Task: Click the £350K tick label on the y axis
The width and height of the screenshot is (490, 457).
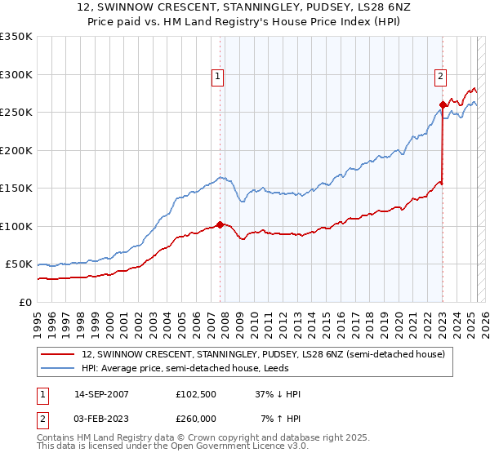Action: (x=16, y=37)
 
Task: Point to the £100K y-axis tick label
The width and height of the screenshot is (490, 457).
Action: (x=16, y=226)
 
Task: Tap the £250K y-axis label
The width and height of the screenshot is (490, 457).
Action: (x=16, y=113)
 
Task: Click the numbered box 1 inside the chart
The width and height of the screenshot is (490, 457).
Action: (x=219, y=78)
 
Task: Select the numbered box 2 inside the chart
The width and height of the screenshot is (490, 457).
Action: (x=440, y=78)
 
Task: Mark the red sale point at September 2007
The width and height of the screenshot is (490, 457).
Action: (x=220, y=224)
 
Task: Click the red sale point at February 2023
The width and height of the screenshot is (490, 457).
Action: (x=443, y=104)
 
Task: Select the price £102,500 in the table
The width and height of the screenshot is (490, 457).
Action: (x=197, y=394)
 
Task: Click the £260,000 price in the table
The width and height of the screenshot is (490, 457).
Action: (x=197, y=418)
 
